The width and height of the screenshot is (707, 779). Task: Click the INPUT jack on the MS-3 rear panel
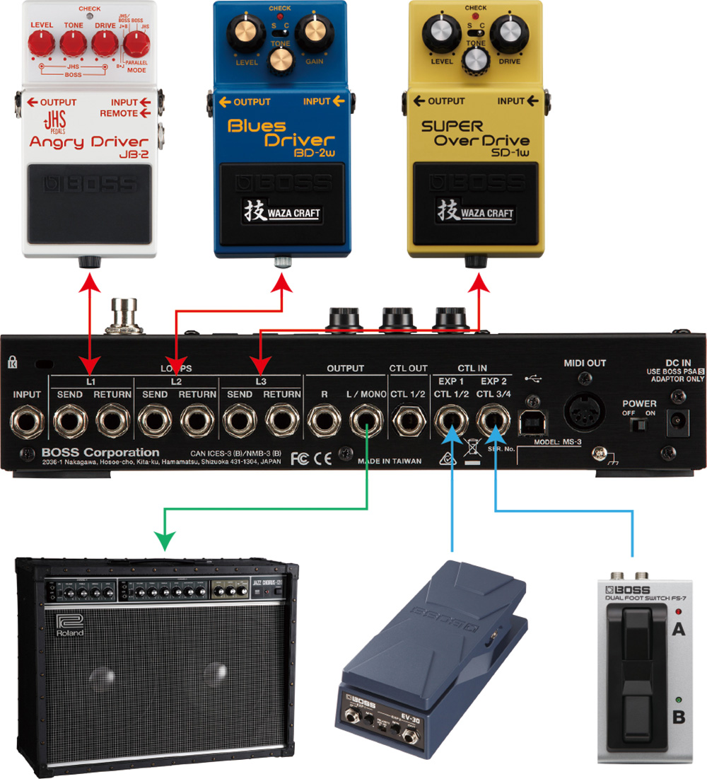(26, 423)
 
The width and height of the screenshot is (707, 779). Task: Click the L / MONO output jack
(366, 423)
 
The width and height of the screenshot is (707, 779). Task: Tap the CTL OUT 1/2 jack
(409, 423)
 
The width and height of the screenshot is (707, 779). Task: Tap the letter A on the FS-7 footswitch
(677, 628)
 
